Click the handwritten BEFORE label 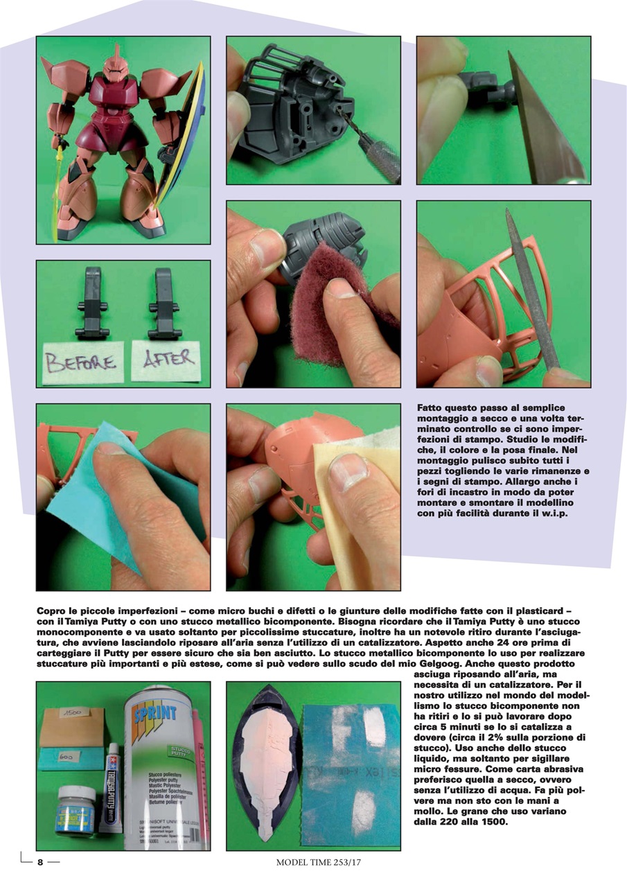(x=79, y=360)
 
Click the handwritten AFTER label (x=168, y=359)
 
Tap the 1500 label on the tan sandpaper (x=71, y=712)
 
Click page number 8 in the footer (x=40, y=863)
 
